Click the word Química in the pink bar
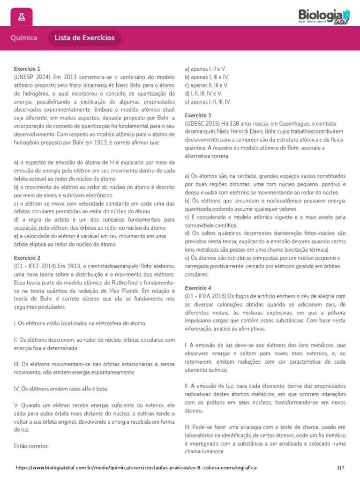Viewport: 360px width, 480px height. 24,38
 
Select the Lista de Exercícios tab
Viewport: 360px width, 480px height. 84,38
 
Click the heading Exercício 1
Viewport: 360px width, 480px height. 27,68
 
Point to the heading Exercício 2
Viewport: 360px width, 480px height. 27,258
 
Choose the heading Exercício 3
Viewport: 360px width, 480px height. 198,115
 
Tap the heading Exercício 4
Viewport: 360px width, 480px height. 198,287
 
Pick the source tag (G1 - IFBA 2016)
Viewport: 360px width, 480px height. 206,296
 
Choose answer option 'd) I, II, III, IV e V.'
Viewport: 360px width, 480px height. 203,93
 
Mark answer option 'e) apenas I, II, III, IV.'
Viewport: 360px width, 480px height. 208,102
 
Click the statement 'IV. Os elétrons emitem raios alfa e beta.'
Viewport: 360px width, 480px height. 61,389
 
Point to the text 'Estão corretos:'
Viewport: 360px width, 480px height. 31,446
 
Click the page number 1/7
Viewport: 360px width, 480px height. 340,468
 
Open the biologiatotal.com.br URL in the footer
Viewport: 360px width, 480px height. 136,468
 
